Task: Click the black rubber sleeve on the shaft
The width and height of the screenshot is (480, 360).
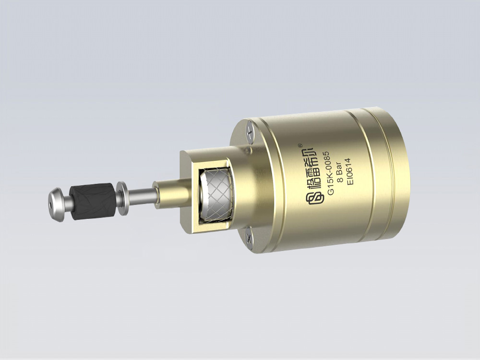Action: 93,202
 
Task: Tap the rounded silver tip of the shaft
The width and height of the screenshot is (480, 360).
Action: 57,204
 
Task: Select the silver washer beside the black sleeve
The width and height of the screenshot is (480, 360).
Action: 122,198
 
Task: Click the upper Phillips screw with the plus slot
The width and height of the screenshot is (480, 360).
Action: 250,132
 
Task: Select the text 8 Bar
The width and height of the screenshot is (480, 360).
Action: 340,172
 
